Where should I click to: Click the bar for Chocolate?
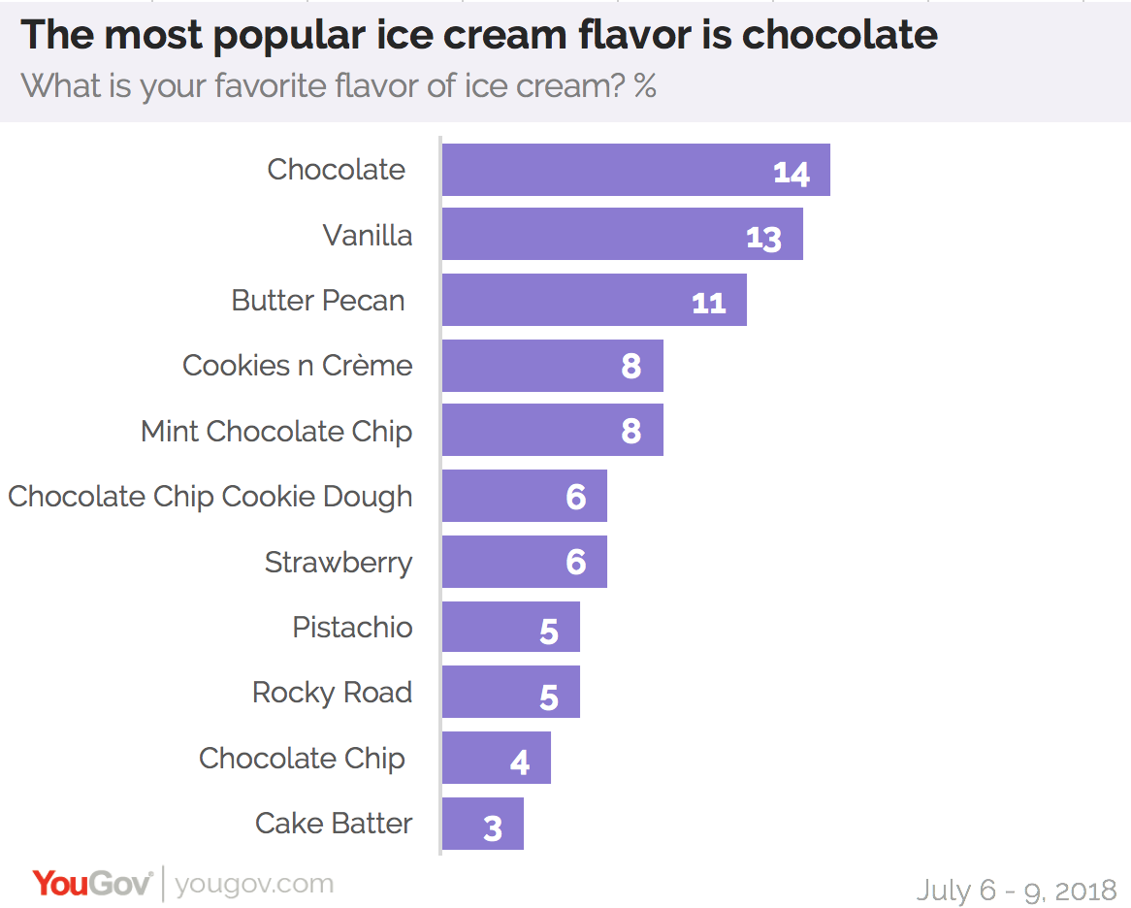[635, 170]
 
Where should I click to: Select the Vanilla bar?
[622, 235]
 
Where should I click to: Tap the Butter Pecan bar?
[594, 300]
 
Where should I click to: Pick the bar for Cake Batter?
[482, 824]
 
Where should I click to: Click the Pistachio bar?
[510, 627]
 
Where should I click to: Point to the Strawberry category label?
[338, 563]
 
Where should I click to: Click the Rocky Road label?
[332, 693]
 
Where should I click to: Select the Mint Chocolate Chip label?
[276, 431]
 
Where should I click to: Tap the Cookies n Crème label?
[297, 366]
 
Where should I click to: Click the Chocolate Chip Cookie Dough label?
[210, 497]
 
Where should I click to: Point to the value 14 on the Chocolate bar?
[791, 173]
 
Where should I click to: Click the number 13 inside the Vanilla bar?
[763, 238]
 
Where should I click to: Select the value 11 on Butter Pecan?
[708, 303]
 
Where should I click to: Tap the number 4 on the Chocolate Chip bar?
[520, 762]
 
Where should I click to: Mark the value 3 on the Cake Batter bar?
[493, 828]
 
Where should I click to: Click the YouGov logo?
[92, 884]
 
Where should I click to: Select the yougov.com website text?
[254, 884]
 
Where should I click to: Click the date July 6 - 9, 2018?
[1017, 890]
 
